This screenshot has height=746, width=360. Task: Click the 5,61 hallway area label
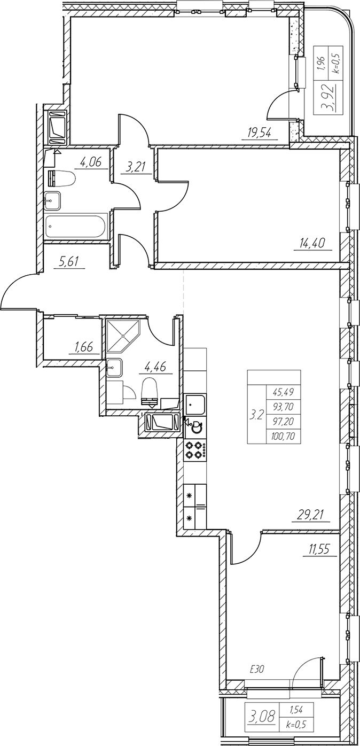tap(68, 262)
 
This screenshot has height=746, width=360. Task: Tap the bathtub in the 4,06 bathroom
tap(76, 227)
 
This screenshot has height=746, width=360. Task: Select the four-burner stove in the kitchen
tap(195, 449)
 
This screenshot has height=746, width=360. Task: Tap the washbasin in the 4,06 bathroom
tap(53, 200)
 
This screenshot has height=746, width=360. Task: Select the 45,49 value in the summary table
tap(281, 392)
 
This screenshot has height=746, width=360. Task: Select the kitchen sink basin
tap(195, 405)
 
